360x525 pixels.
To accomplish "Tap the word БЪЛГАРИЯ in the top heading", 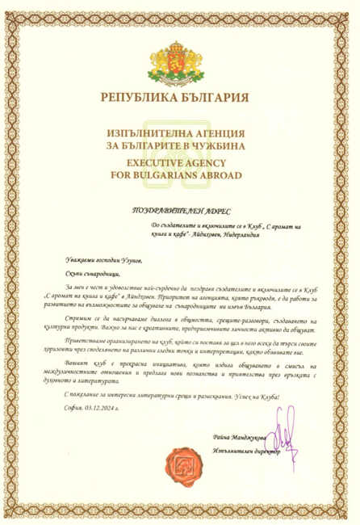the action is [x=216, y=99].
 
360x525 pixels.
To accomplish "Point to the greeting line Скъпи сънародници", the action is [x=91, y=274].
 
